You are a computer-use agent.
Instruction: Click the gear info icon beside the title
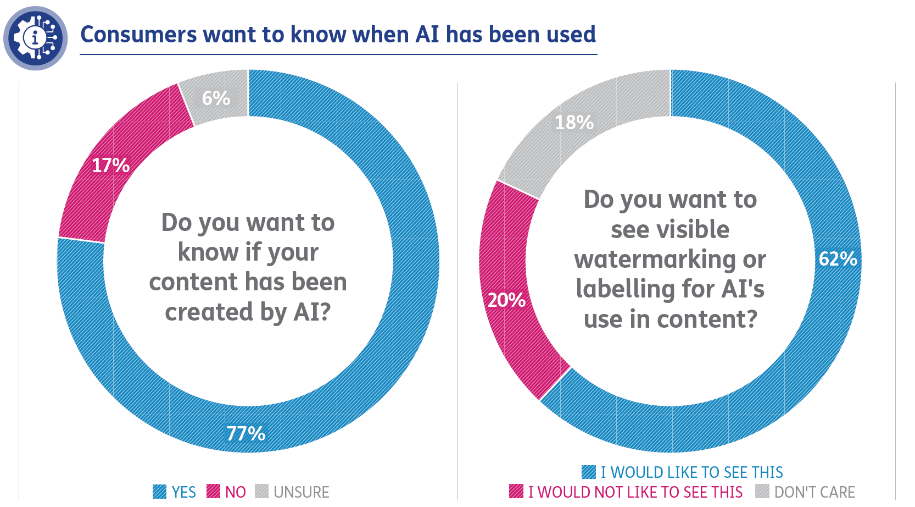point(35,38)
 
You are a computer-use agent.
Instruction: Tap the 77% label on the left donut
point(246,434)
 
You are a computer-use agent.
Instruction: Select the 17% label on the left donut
point(110,166)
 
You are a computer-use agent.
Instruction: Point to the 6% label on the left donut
point(216,98)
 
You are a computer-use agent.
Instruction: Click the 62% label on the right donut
point(838,259)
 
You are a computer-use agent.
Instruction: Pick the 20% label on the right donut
point(506,300)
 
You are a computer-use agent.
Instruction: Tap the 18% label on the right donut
point(574,123)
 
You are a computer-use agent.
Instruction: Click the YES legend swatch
point(159,492)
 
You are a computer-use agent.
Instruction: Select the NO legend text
point(236,492)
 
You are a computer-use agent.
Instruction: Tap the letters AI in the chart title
point(427,35)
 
